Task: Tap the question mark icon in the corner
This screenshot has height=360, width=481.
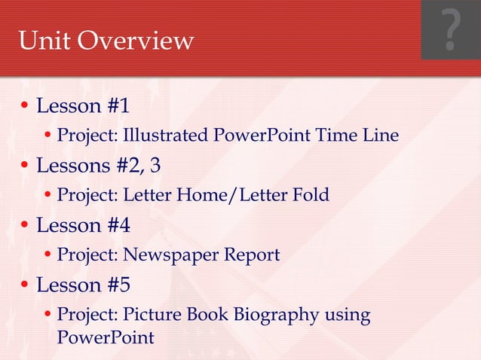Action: (x=450, y=30)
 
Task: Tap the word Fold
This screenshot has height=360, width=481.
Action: (x=310, y=195)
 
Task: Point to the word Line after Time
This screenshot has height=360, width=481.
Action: (x=379, y=136)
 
